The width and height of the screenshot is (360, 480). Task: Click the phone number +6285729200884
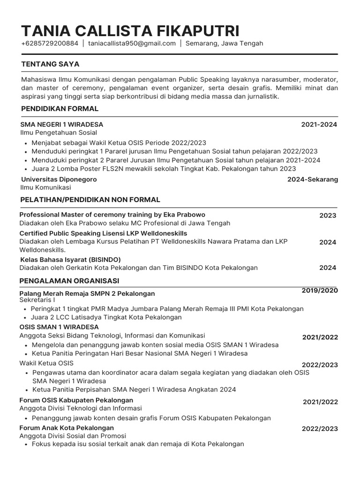tap(50, 44)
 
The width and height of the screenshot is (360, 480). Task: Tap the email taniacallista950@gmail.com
tap(132, 44)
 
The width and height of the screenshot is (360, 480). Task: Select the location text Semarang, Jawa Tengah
tap(224, 44)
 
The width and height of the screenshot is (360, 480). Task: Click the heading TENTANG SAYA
tap(50, 64)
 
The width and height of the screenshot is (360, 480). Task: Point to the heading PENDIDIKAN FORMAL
tap(60, 109)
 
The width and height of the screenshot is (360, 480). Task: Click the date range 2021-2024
tap(319, 125)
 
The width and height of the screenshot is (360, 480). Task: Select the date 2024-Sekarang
tap(312, 180)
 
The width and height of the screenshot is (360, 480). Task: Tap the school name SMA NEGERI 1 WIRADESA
tap(62, 125)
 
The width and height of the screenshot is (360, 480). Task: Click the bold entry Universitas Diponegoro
tap(59, 180)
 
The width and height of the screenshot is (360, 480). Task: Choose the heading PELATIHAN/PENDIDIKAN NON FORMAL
tap(90, 200)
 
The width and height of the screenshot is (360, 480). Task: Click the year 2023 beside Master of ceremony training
tap(328, 216)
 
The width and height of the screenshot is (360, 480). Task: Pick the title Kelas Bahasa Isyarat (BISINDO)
tap(70, 259)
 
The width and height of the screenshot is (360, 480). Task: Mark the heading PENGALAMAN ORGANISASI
tap(69, 280)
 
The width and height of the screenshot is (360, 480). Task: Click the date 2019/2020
tap(319, 291)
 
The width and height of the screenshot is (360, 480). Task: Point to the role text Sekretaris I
tap(37, 300)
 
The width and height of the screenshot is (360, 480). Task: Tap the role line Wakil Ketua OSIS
tap(46, 363)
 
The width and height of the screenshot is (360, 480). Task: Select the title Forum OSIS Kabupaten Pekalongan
tap(76, 400)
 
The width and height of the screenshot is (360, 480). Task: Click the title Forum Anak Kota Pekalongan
tap(67, 428)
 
